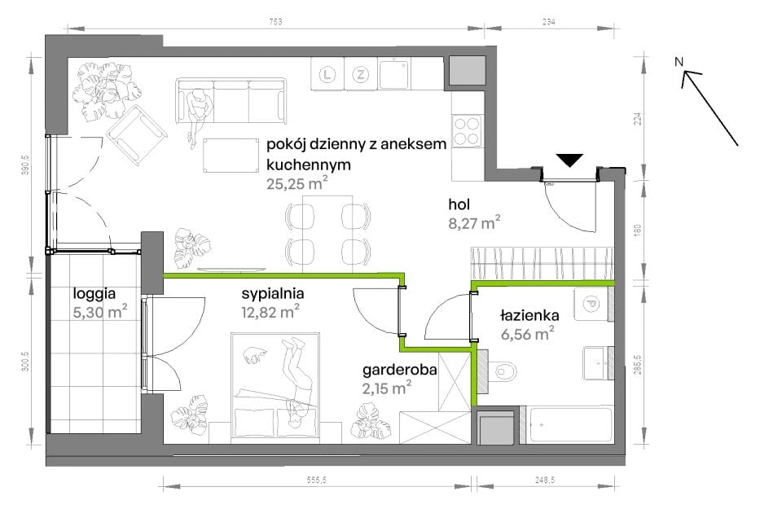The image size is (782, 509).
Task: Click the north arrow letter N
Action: coord(679,62)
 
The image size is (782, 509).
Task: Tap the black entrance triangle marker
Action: coord(569,160)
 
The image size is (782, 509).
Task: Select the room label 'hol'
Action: coord(459,204)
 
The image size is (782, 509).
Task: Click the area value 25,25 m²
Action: coord(297,183)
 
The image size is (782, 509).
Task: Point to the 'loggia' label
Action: coord(94,294)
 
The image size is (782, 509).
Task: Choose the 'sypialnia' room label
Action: coord(272,294)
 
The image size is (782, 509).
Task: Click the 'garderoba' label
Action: coord(399,370)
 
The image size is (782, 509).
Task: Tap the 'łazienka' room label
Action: coord(529,315)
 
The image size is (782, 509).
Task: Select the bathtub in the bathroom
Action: coord(570,425)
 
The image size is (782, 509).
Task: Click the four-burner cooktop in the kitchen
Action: coord(467,131)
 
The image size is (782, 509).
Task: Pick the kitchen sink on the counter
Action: coord(393,74)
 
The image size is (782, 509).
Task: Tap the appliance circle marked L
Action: coord(327,75)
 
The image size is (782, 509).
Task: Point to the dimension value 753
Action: coord(275,21)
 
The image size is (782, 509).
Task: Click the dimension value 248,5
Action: coord(545,480)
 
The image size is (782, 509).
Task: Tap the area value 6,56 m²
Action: coord(528,333)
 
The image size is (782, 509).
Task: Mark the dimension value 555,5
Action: coord(317,480)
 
